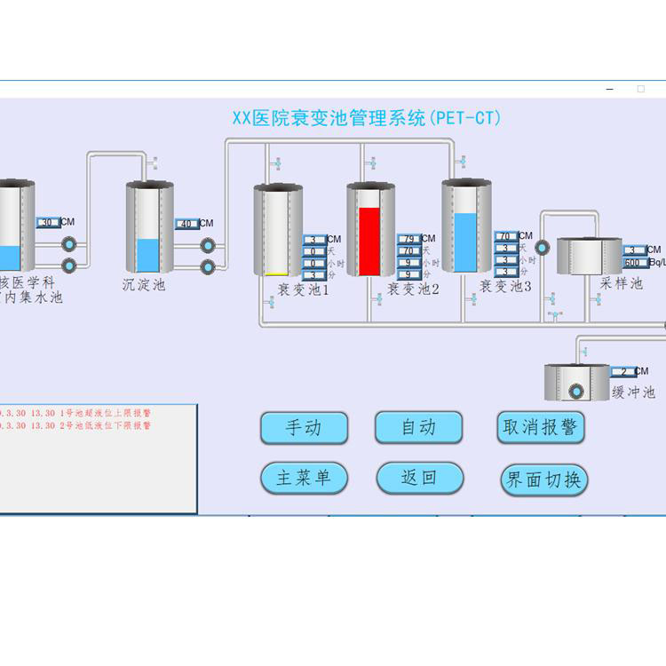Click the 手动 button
(304, 428)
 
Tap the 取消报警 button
(541, 427)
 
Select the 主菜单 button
(304, 478)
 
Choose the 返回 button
(419, 478)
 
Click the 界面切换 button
(543, 480)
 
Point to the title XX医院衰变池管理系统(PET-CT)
(366, 118)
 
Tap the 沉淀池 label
(144, 285)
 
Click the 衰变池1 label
(303, 289)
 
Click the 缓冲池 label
(634, 392)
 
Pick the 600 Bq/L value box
(633, 263)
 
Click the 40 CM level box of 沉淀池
(186, 224)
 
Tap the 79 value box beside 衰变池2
(408, 239)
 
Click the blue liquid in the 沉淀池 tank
(148, 256)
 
